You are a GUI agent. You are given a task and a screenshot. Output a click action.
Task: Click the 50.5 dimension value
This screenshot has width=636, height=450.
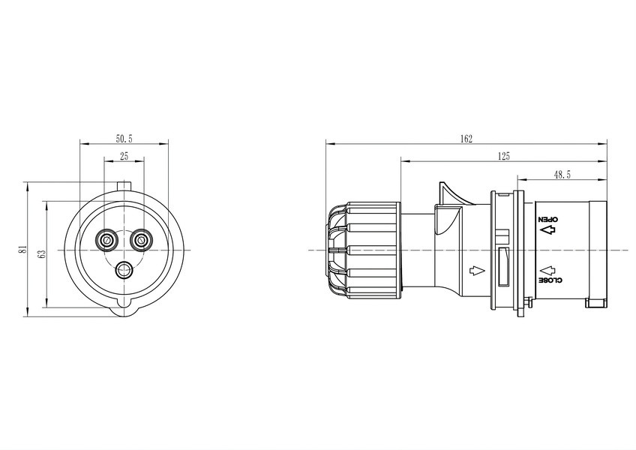tap(124, 139)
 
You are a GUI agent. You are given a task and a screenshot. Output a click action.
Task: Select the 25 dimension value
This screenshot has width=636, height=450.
tap(124, 156)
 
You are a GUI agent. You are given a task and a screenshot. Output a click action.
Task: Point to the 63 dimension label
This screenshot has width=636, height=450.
tap(41, 253)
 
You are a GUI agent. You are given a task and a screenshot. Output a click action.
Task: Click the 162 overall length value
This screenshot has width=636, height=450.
tap(466, 139)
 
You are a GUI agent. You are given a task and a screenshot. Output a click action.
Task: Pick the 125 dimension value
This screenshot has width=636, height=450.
tap(503, 156)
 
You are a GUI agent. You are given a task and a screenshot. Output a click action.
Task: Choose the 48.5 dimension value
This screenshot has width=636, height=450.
tap(562, 175)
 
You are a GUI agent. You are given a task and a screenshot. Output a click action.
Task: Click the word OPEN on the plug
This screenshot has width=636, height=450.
tap(548, 220)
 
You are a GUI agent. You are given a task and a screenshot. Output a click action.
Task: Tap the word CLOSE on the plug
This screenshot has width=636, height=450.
tap(550, 280)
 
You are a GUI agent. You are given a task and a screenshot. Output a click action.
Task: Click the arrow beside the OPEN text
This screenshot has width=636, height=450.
tap(547, 230)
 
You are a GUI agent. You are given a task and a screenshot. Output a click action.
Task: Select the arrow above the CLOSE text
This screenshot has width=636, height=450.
tap(547, 270)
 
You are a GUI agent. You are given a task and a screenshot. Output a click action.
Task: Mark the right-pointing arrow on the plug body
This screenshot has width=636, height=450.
tap(476, 270)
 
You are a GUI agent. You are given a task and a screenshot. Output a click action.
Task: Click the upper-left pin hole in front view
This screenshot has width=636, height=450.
tap(108, 241)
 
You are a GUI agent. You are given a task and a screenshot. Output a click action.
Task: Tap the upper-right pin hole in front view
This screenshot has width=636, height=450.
tap(141, 241)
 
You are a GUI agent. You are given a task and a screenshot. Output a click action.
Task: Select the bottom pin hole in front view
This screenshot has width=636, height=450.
tap(124, 270)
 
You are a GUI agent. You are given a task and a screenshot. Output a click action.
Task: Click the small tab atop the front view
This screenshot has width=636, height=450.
tap(124, 185)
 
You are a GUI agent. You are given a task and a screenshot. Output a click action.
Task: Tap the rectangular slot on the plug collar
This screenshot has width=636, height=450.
tap(503, 267)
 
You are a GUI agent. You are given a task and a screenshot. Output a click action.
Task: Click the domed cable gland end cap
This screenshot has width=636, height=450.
tap(336, 250)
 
